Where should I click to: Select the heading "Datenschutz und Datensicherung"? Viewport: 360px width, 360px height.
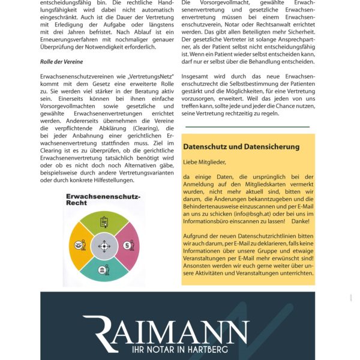[x=241, y=146]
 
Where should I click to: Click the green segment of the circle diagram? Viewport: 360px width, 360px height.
[x=104, y=224]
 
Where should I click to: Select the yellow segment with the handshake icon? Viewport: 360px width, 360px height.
[x=81, y=245]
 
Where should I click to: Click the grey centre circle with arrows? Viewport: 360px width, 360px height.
[x=104, y=245]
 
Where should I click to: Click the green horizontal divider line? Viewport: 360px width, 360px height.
[x=247, y=127]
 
